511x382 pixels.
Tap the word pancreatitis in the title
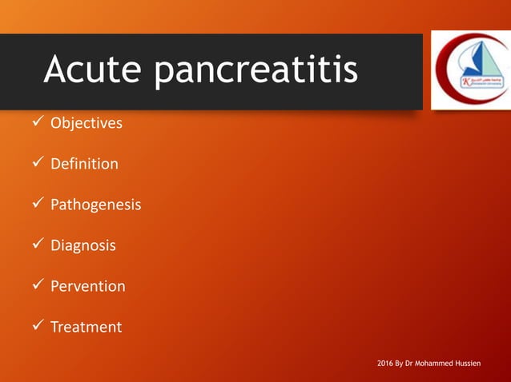(255, 72)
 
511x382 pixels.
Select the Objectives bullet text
(87, 123)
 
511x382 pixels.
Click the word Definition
(84, 164)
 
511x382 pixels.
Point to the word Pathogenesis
(95, 205)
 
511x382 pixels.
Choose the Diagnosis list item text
(83, 245)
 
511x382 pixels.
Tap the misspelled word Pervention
(88, 286)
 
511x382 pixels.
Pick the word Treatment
(87, 327)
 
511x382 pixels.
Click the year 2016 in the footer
(385, 364)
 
